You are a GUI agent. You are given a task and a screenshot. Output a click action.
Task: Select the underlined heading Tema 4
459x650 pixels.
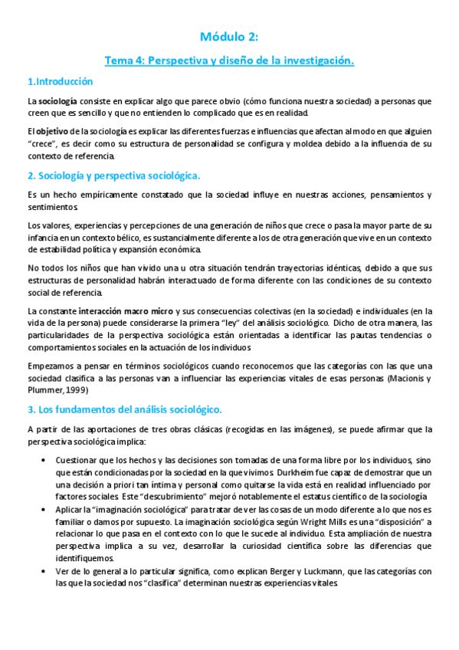[x=229, y=60]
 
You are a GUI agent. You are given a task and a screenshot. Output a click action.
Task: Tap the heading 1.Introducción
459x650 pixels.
[x=60, y=81]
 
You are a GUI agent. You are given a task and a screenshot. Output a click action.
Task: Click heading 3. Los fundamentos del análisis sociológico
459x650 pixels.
[x=124, y=410]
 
